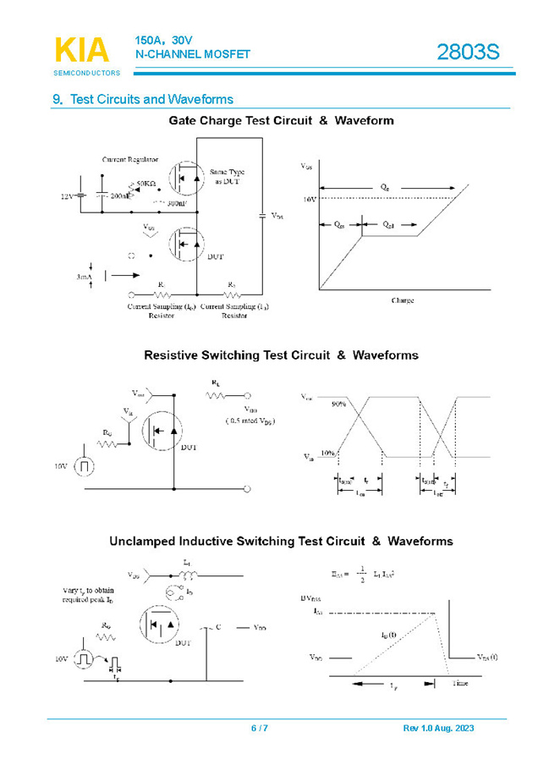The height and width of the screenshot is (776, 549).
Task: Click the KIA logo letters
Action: click(82, 50)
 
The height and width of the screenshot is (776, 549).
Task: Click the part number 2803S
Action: click(468, 52)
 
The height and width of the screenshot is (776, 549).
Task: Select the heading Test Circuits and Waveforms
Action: click(143, 99)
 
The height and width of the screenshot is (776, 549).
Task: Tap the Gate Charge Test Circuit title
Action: click(281, 120)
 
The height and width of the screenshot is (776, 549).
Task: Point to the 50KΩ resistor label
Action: click(145, 183)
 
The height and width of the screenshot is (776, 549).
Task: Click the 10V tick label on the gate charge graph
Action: click(309, 199)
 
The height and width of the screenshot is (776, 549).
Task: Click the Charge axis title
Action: click(402, 300)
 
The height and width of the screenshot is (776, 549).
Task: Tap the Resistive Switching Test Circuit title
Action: click(281, 355)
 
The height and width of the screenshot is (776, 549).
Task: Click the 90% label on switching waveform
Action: click(339, 403)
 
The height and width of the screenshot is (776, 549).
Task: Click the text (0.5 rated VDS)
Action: click(250, 421)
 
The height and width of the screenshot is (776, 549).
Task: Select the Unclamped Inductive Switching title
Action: click(281, 541)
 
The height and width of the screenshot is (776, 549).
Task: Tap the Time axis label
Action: click(459, 682)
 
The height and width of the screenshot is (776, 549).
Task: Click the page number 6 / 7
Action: click(260, 729)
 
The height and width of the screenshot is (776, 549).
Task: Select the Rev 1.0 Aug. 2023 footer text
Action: click(438, 729)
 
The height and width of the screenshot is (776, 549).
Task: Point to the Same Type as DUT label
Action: click(228, 176)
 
